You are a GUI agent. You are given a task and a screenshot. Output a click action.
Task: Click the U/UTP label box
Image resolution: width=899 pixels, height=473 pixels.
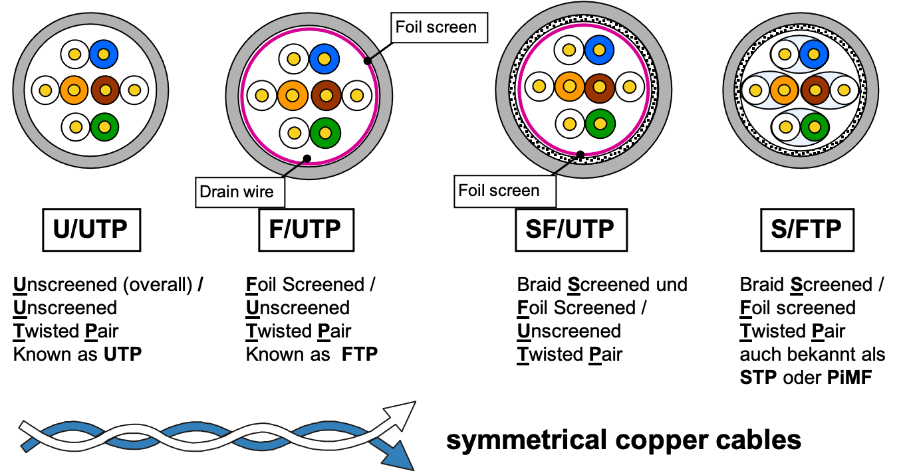[92, 230]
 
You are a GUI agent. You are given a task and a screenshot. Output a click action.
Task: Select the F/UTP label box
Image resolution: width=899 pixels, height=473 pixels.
[307, 230]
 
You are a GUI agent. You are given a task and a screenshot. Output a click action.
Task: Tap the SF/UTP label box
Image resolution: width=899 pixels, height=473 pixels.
[571, 230]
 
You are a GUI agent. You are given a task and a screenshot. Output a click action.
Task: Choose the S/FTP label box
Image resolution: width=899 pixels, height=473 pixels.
[807, 230]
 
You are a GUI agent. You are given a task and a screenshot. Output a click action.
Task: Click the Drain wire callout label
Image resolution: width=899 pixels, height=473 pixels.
[240, 192]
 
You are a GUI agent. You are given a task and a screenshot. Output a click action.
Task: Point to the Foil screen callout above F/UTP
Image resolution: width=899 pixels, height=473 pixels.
[439, 27]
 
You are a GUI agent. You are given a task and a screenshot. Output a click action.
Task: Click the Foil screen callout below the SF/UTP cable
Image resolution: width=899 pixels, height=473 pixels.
[505, 191]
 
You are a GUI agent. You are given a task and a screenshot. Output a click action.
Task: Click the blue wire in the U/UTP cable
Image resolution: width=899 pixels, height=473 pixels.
[104, 54]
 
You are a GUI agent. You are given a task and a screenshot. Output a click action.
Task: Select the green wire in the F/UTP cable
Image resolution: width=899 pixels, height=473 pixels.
[325, 133]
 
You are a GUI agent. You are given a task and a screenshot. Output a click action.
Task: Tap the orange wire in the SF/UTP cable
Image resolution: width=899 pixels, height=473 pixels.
[569, 86]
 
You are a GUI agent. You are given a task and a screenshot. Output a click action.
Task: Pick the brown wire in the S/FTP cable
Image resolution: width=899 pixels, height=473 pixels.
[815, 90]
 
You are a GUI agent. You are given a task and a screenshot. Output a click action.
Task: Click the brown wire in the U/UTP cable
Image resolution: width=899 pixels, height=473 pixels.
[105, 90]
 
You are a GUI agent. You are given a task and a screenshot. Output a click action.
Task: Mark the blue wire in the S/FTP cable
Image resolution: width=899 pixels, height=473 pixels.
[813, 54]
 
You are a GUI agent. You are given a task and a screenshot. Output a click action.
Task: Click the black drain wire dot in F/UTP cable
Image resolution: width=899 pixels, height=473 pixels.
[307, 159]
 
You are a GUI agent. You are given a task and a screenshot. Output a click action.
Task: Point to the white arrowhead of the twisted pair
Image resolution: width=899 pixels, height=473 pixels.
[400, 416]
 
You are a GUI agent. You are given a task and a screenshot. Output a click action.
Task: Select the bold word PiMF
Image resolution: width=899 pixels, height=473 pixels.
[849, 377]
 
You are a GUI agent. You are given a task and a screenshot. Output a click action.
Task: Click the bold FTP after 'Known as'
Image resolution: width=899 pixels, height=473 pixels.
[360, 354]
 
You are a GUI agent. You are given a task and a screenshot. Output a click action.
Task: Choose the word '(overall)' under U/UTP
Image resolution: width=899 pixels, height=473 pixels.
[158, 285]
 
